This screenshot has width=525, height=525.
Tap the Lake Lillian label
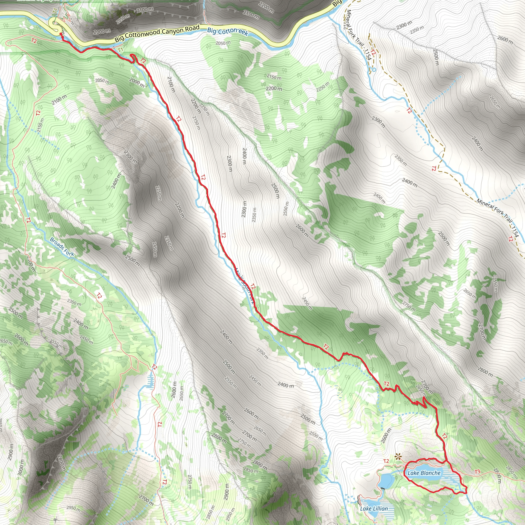pyautogui.click(x=374, y=508)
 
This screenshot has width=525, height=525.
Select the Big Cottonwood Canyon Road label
pyautogui.click(x=157, y=34)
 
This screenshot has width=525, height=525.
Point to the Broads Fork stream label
pyautogui.click(x=62, y=246)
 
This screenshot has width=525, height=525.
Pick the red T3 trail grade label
pyautogui.click(x=477, y=472)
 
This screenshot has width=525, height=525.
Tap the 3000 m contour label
pyautogui.click(x=21, y=468)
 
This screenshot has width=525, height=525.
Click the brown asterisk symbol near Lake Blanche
pyautogui.click(x=398, y=457)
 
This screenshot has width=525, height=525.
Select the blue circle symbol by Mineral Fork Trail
pyautogui.click(x=374, y=70)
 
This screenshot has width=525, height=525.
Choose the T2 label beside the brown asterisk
pyautogui.click(x=386, y=461)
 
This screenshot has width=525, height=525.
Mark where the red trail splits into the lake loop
pyautogui.click(x=446, y=461)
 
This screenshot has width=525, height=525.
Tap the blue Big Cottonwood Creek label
pyautogui.click(x=228, y=31)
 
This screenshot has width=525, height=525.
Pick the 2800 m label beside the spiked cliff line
pyautogui.click(x=62, y=463)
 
